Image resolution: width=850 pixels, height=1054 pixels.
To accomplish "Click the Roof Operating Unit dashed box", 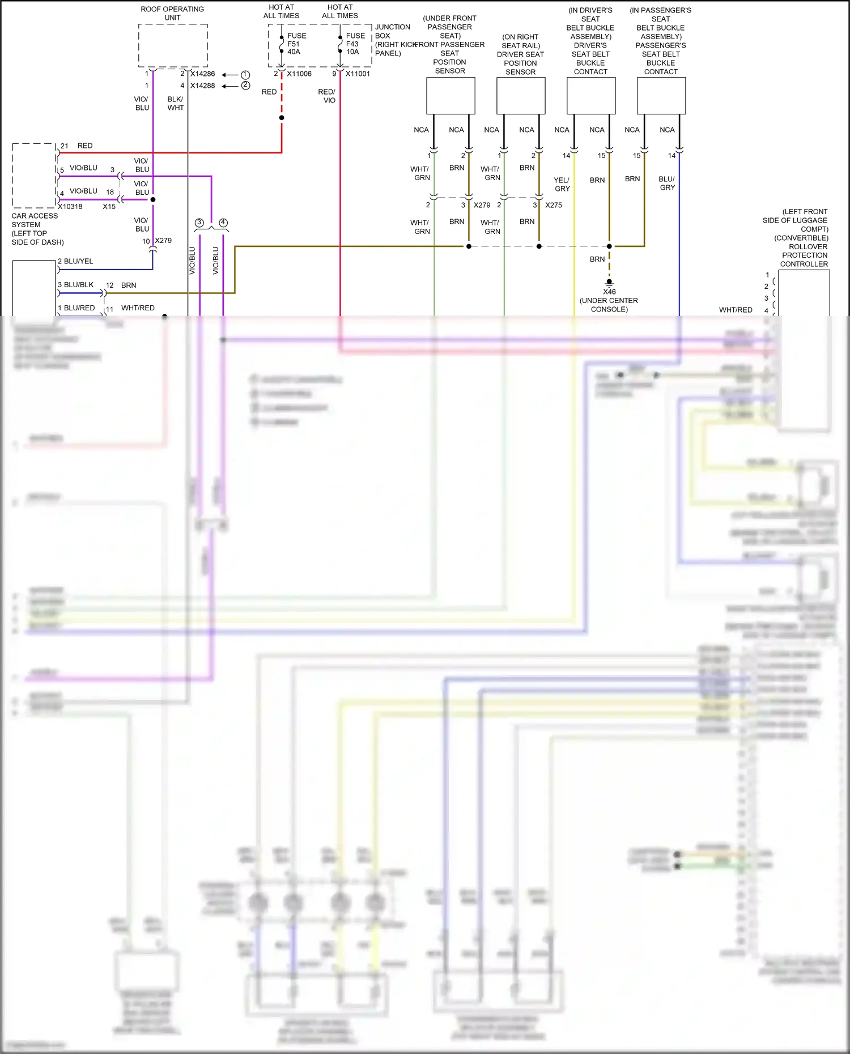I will pyautogui.click(x=173, y=45).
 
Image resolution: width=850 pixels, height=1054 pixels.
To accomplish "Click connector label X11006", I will pyautogui.click(x=299, y=74).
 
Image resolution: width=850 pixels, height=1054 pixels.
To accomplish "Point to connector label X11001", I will pyautogui.click(x=358, y=74).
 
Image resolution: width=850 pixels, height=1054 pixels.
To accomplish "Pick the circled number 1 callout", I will pyautogui.click(x=245, y=75).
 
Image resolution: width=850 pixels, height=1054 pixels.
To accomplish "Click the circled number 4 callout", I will pyautogui.click(x=223, y=223).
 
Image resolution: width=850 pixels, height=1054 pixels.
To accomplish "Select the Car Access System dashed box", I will pyautogui.click(x=34, y=176).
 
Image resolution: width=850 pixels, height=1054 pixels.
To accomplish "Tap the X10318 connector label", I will pyautogui.click(x=70, y=207).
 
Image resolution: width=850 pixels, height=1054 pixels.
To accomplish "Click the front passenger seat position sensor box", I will pyautogui.click(x=450, y=96).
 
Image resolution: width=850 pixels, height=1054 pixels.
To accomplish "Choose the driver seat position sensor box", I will pyautogui.click(x=521, y=96).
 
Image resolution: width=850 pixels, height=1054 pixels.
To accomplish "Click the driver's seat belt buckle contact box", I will pyautogui.click(x=591, y=96).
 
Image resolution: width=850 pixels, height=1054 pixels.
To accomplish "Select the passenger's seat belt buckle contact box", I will pyautogui.click(x=661, y=96).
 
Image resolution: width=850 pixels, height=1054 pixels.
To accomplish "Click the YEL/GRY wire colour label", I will pyautogui.click(x=562, y=184).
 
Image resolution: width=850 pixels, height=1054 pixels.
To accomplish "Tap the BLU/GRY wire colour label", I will pyautogui.click(x=667, y=183).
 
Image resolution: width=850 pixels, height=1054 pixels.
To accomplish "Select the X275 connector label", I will pyautogui.click(x=554, y=205).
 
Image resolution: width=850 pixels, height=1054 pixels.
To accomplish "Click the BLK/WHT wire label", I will pyautogui.click(x=175, y=103).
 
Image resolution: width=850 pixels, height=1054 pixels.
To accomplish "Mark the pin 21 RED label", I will pyautogui.click(x=77, y=146).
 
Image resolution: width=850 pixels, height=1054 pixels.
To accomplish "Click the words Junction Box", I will pyautogui.click(x=392, y=31).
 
